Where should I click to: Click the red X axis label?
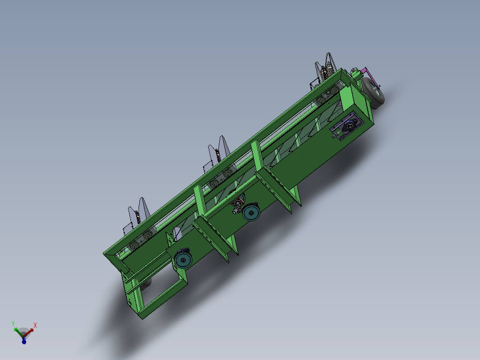click(35, 325)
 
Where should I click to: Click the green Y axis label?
click(13, 323)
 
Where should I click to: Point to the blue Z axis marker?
click(24, 341)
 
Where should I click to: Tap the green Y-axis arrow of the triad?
click(18, 332)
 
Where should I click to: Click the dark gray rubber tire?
click(374, 93)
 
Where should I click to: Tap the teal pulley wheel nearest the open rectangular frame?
click(183, 259)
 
